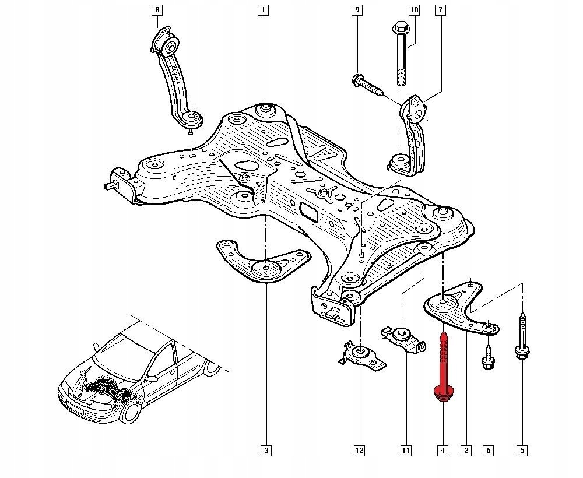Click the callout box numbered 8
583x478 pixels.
click(x=157, y=10)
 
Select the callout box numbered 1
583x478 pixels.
click(x=264, y=10)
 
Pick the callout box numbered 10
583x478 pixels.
click(x=414, y=10)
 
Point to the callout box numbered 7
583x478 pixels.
click(x=440, y=10)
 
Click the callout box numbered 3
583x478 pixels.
click(x=266, y=450)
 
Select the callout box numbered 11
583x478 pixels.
click(x=405, y=450)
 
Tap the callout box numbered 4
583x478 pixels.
click(x=443, y=450)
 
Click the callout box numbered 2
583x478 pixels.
click(x=465, y=450)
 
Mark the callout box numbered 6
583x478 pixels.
click(x=489, y=450)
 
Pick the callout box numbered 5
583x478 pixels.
click(x=522, y=450)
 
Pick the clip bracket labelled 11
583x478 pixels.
click(x=402, y=338)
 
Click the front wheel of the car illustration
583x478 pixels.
click(x=129, y=412)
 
